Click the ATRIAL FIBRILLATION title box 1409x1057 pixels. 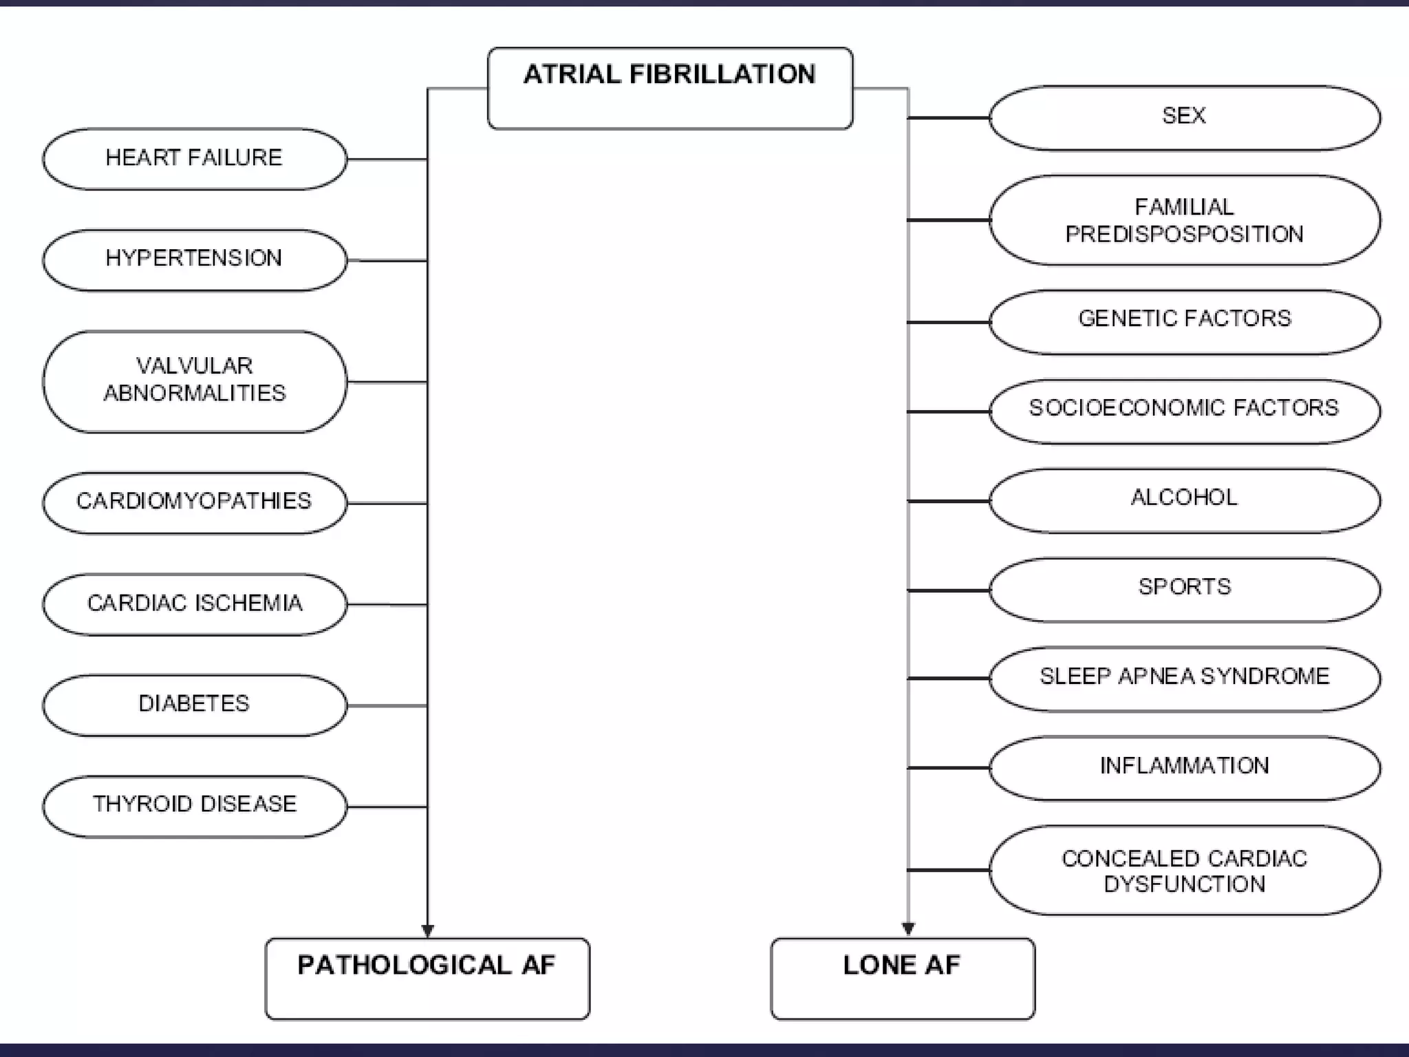pos(670,88)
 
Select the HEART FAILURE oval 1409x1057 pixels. pos(195,159)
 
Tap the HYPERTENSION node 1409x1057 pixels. pos(195,260)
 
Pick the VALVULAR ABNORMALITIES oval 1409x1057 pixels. pos(195,381)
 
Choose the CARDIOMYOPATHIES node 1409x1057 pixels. pos(195,502)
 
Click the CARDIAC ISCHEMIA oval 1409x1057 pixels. pos(195,604)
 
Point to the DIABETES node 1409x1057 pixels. pos(195,705)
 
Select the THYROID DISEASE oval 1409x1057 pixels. pos(195,806)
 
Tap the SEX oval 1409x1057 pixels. pos(1184,118)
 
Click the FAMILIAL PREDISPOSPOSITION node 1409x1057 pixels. pos(1184,220)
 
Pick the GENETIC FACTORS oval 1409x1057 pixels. pos(1184,321)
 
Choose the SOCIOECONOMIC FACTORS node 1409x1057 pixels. pos(1184,411)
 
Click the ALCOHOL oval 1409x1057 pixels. pos(1184,500)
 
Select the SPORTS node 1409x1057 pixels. pos(1184,590)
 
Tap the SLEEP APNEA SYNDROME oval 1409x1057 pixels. pos(1184,679)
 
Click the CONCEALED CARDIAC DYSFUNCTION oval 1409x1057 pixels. pos(1184,871)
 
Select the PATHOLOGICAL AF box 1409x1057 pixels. pos(427,978)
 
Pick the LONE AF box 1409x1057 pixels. pos(902,978)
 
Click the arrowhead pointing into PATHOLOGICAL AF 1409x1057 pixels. pos(427,931)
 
